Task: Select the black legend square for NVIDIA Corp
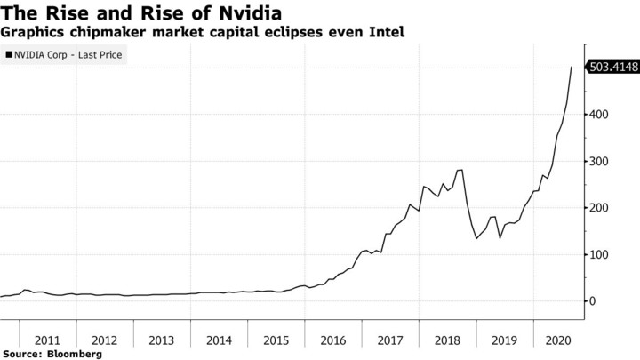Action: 9,55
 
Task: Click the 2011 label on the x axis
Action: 47,340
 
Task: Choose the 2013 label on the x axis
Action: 162,340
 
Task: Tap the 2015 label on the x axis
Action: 276,340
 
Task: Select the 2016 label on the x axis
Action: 333,340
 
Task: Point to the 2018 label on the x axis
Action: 448,340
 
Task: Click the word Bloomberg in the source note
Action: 74,354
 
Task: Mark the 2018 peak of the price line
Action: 462,170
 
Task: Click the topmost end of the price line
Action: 571,67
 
